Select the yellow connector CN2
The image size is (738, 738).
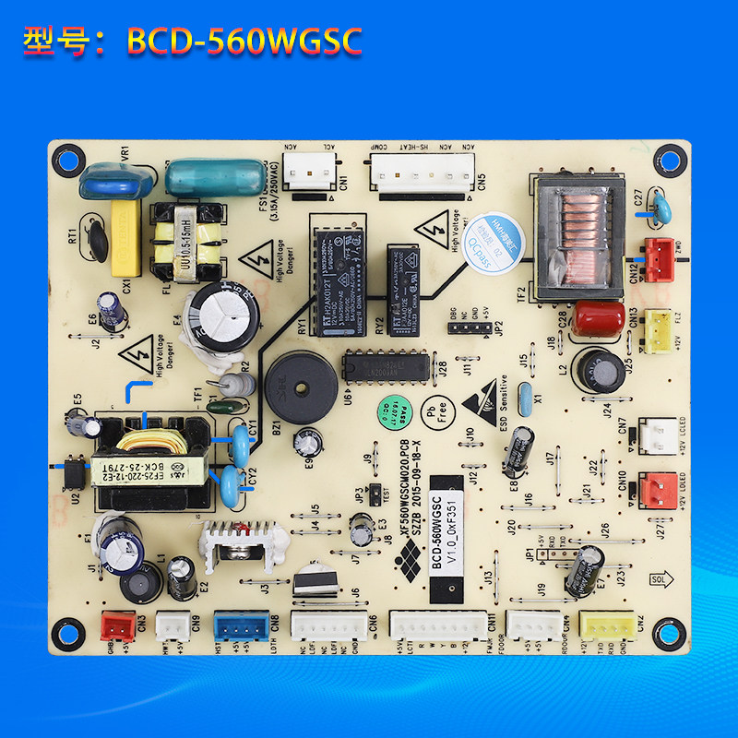click(x=606, y=627)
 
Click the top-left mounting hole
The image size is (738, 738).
click(x=64, y=155)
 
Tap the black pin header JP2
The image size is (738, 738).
click(x=466, y=327)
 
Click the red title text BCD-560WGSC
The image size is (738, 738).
click(x=244, y=41)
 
